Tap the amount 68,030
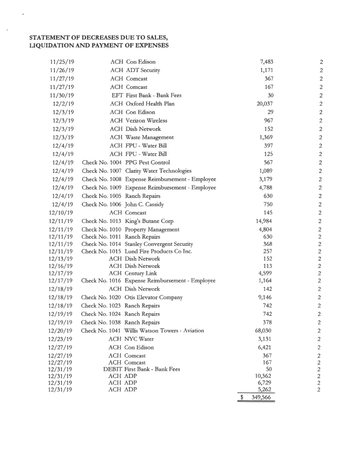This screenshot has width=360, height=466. (x=264, y=331)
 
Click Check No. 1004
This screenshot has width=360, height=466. (x=102, y=162)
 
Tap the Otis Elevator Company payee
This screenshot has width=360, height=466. (x=153, y=297)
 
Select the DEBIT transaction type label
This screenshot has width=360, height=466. (x=113, y=369)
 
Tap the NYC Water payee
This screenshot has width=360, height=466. (x=140, y=339)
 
